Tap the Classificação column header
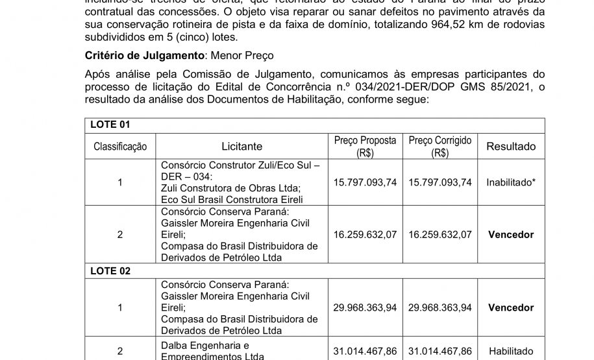pos(119,147)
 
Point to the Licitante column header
pos(241,147)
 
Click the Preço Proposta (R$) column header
pos(365,147)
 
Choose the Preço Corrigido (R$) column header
pos(439,147)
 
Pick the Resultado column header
pos(511,147)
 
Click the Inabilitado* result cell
pos(511,183)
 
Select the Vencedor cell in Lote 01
pos(511,235)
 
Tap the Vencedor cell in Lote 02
pos(511,308)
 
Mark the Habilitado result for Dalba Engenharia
pos(511,351)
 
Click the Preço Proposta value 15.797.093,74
pos(365,183)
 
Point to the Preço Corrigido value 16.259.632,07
pos(439,235)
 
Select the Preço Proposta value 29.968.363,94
pos(365,308)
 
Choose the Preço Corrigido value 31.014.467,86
pos(439,351)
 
